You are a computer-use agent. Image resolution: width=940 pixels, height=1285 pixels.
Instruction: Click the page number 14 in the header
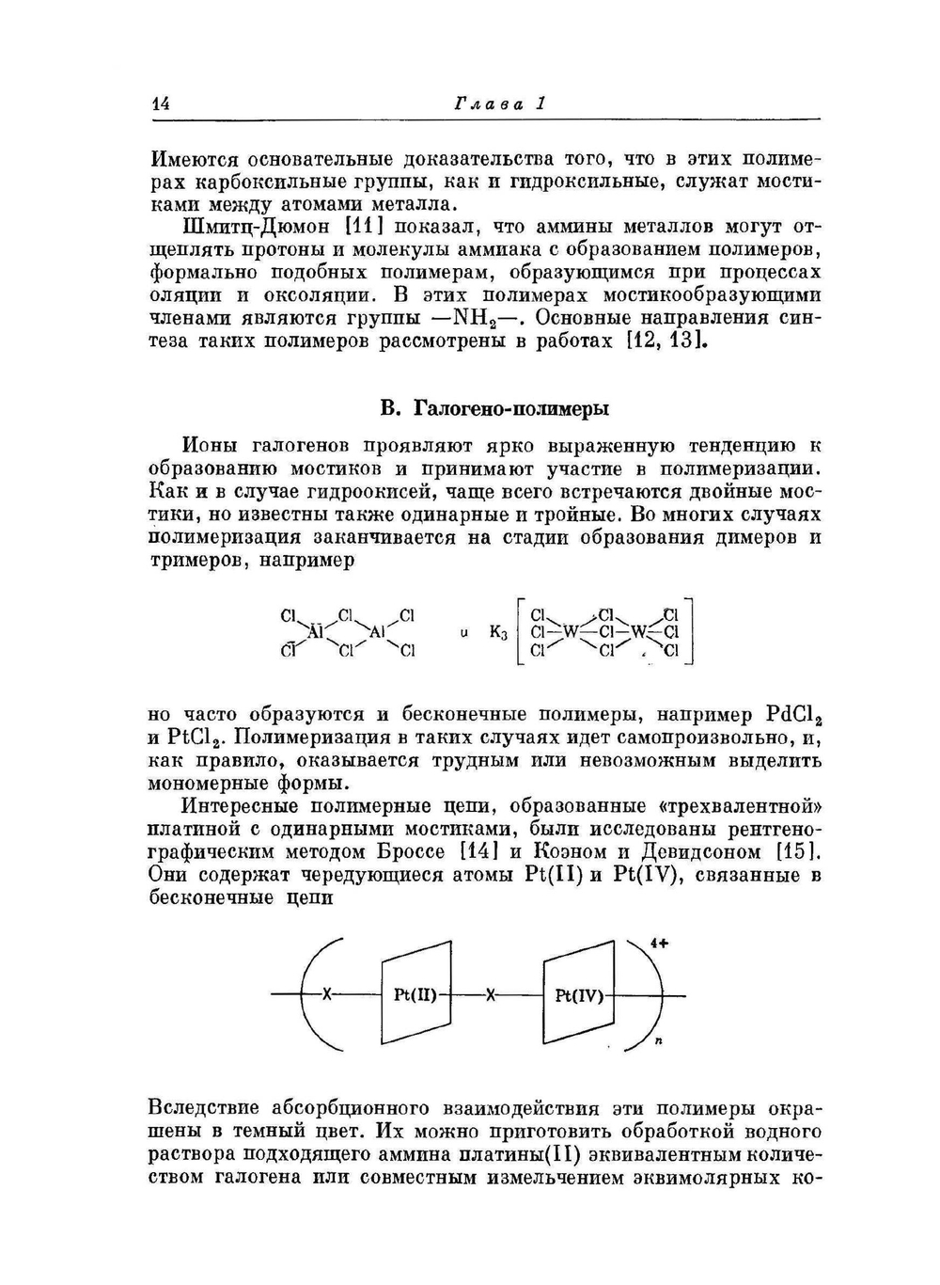[159, 104]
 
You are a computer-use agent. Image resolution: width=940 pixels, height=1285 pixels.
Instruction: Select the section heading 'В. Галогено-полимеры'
[493, 408]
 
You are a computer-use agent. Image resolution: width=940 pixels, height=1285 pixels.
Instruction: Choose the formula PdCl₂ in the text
[794, 714]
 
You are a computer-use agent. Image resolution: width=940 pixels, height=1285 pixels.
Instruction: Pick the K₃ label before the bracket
[498, 633]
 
